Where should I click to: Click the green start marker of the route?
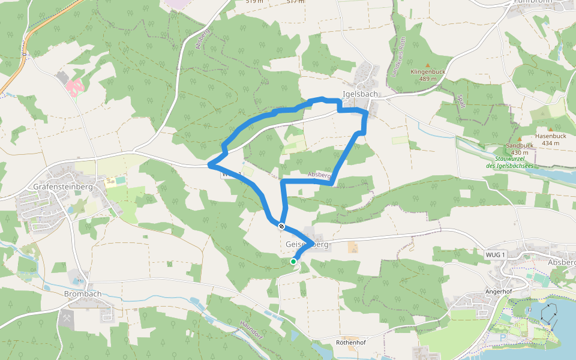pyautogui.click(x=293, y=262)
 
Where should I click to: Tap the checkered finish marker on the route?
pyautogui.click(x=281, y=226)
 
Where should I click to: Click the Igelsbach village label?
pyautogui.click(x=359, y=94)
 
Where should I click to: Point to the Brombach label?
pyautogui.click(x=82, y=294)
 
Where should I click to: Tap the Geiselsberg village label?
pyautogui.click(x=307, y=245)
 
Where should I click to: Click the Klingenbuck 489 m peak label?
pyautogui.click(x=427, y=75)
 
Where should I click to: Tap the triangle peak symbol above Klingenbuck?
pyautogui.click(x=427, y=65)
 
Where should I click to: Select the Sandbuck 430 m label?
pyautogui.click(x=520, y=149)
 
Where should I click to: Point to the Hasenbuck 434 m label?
pyautogui.click(x=550, y=140)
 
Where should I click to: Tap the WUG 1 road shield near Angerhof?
pyautogui.click(x=495, y=255)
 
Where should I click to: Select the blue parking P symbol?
pyautogui.click(x=502, y=337)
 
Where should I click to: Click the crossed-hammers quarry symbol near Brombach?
pyautogui.click(x=66, y=319)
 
